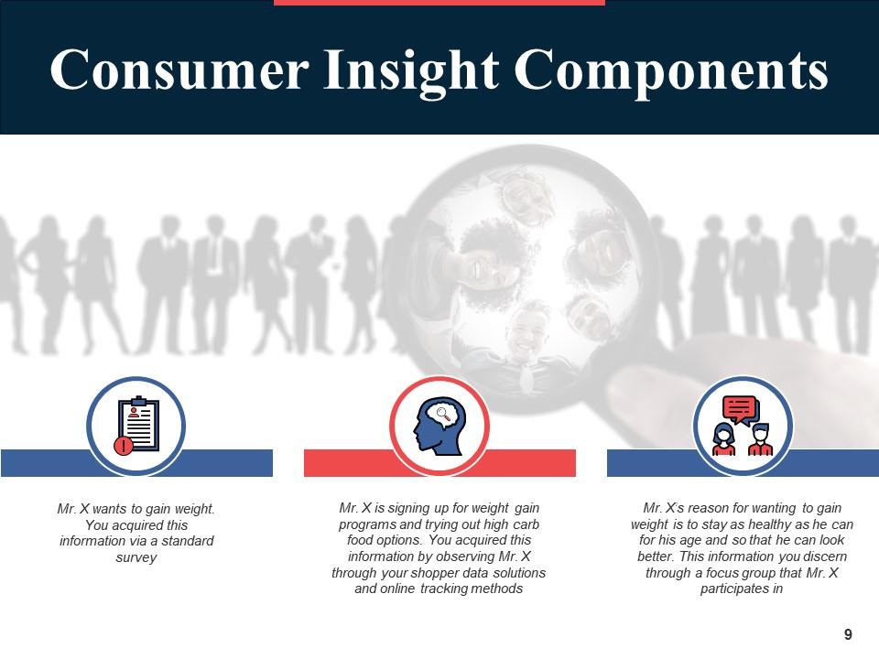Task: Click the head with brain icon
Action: pos(439,426)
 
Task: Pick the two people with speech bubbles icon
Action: pos(743,426)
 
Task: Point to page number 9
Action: pos(848,634)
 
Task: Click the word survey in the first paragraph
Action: pos(136,557)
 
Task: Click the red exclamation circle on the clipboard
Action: pos(124,446)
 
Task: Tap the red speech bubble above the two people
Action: pos(740,408)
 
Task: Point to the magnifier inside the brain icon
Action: pos(443,414)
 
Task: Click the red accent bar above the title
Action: pos(439,2)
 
